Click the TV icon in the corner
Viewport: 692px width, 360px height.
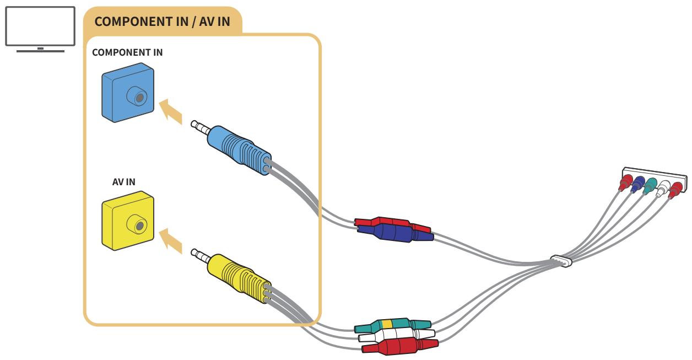click(x=40, y=28)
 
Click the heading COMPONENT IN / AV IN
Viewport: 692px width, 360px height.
click(x=163, y=23)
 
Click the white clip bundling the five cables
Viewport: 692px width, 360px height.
click(x=560, y=261)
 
